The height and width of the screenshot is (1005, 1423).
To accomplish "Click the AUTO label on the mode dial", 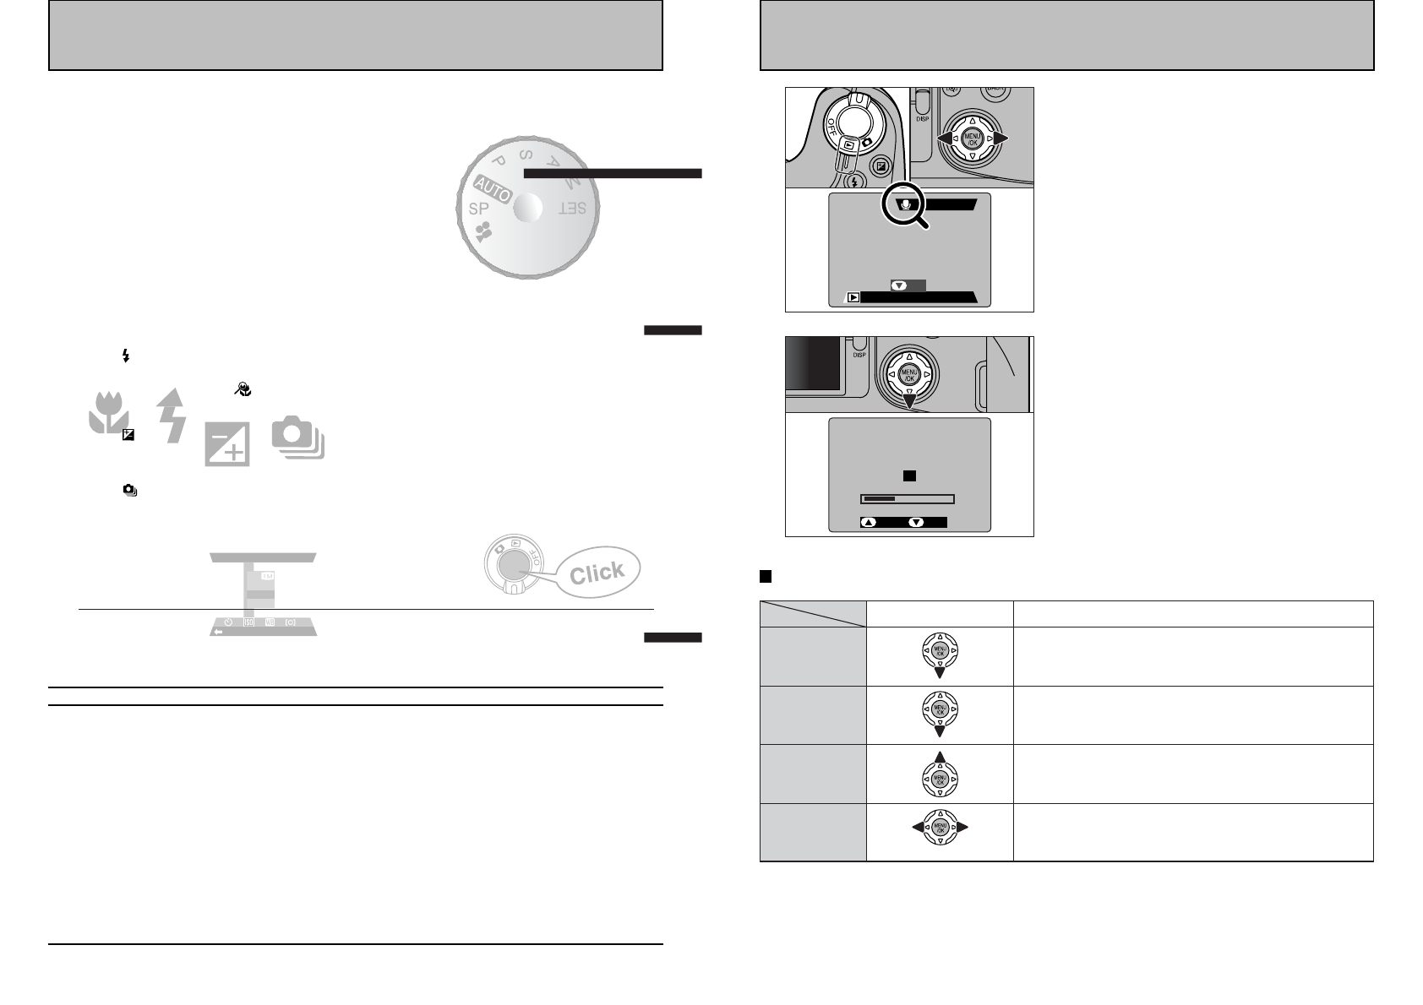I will click(x=492, y=190).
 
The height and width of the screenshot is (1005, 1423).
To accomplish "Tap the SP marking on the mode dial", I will click(x=479, y=209).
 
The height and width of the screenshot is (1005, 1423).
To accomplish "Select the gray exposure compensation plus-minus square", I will click(x=227, y=443).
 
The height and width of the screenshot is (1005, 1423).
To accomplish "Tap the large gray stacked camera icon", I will click(x=297, y=440).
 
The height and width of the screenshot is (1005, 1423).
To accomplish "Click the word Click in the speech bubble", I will click(x=597, y=573).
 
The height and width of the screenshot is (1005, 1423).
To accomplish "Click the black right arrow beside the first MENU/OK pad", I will click(x=1001, y=138).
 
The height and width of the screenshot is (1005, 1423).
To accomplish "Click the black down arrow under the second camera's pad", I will click(x=909, y=403).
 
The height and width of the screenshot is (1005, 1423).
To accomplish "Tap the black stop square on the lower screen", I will click(x=909, y=476).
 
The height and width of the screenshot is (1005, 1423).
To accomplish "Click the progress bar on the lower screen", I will click(x=907, y=499).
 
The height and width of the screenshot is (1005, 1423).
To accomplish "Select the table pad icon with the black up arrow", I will click(x=940, y=773).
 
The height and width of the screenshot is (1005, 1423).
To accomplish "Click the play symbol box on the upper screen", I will click(x=854, y=297).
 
